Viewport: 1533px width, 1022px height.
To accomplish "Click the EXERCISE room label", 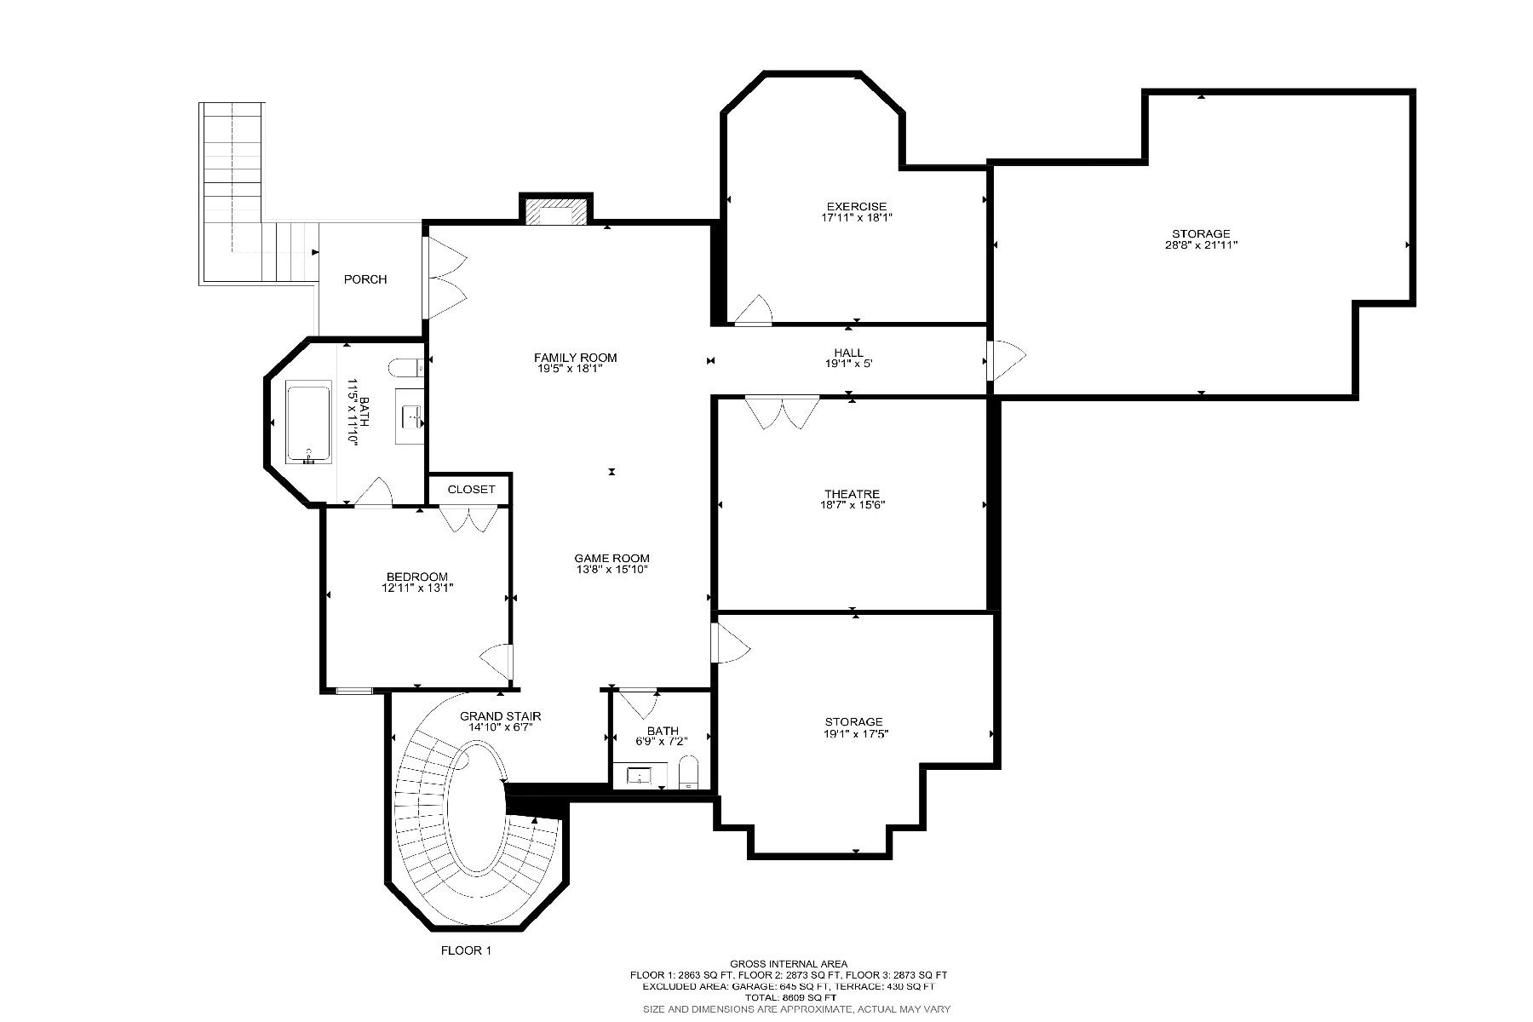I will [x=856, y=206].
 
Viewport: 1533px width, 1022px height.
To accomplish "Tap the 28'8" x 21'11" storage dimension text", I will [x=1201, y=245].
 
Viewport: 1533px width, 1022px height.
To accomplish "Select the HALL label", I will [x=848, y=353].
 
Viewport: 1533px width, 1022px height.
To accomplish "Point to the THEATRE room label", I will [x=852, y=494].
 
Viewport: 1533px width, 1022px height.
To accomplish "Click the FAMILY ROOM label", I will [x=575, y=358].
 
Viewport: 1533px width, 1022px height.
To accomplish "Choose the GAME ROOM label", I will [x=611, y=559].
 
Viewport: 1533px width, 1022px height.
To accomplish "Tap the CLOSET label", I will [x=471, y=490].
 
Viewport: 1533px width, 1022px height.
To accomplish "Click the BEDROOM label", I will [x=416, y=577].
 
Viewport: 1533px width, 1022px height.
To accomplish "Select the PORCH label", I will [x=365, y=279].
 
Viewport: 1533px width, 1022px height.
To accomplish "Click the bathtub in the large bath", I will [x=308, y=424].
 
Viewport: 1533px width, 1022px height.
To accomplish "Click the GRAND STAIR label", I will [x=501, y=716].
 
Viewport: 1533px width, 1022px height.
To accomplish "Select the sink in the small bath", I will [x=639, y=776].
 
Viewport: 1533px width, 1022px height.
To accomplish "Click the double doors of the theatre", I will [x=782, y=412].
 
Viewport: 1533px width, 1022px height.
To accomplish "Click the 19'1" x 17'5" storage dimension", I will [x=853, y=733].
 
